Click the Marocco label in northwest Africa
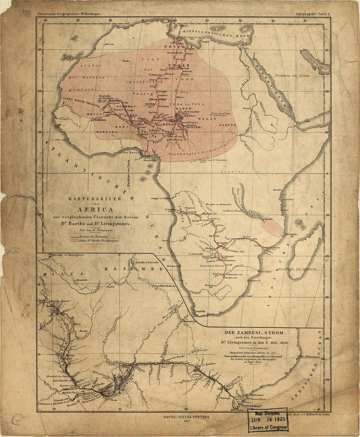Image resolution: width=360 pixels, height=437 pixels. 110,44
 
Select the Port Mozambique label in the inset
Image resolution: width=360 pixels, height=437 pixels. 310,357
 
